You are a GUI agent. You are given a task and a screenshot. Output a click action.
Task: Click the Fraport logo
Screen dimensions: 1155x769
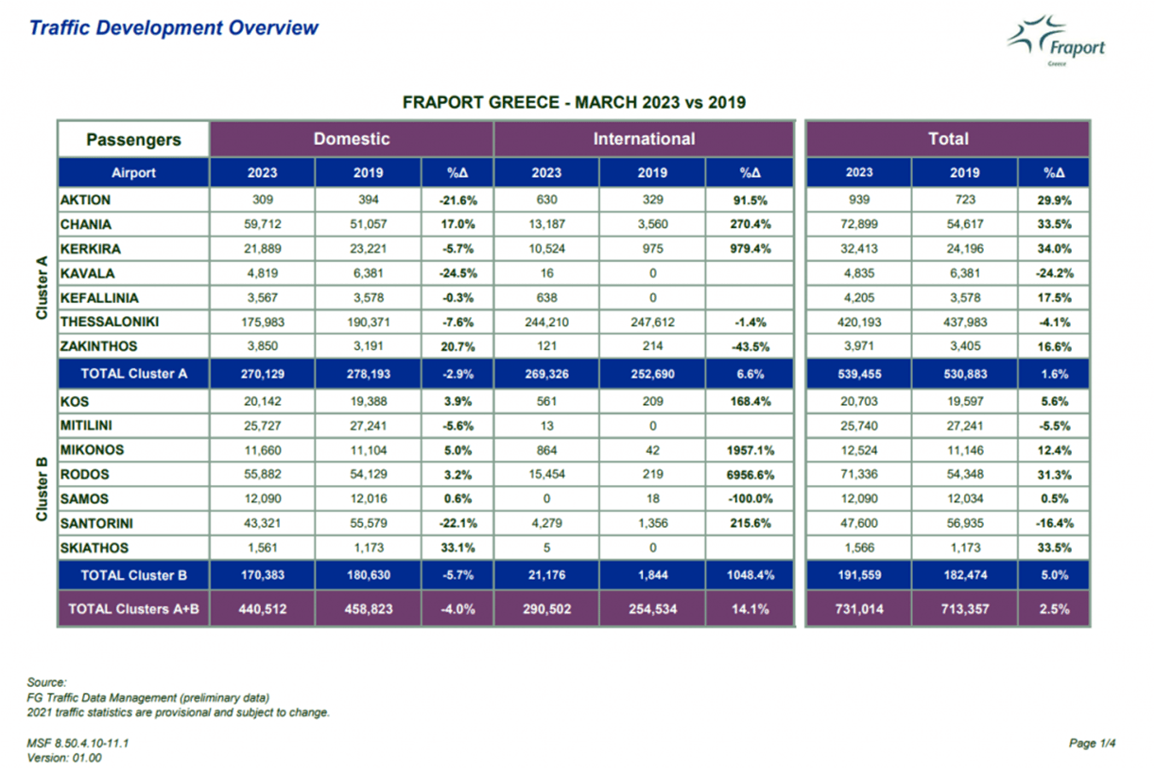[x=1056, y=41]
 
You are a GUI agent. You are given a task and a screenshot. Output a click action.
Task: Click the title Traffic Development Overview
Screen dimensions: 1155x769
[x=174, y=27]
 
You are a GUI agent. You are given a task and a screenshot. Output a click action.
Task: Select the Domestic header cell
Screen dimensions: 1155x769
[x=352, y=139]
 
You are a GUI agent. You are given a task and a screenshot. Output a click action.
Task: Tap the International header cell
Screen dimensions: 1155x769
[x=644, y=139]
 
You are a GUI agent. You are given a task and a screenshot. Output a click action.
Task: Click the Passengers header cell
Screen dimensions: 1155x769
[x=133, y=139]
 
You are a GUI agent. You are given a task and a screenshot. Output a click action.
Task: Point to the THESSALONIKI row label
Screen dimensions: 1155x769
[x=110, y=322]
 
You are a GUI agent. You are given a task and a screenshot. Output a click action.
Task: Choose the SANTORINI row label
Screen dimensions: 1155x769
[x=96, y=523]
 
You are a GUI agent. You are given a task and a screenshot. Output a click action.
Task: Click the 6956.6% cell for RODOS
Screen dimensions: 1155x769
[x=750, y=475]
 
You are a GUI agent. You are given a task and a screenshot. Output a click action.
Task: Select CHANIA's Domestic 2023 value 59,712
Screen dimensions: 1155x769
[x=263, y=224]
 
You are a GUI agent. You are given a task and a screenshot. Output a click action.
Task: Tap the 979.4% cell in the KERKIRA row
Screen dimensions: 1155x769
[x=750, y=249]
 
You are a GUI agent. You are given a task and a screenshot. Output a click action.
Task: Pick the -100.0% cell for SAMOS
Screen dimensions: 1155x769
[x=750, y=499]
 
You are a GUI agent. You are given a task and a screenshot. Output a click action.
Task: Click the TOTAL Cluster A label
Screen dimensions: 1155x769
[x=134, y=374]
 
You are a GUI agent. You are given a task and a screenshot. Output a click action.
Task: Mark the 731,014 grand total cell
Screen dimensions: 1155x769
[x=859, y=609]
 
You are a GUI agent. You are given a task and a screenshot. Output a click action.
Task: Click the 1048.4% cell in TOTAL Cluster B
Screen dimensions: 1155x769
[x=750, y=575]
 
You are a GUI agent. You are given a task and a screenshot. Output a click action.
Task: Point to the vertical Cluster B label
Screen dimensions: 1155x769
[x=42, y=489]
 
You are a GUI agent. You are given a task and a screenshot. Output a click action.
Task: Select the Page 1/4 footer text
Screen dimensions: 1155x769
[x=1092, y=743]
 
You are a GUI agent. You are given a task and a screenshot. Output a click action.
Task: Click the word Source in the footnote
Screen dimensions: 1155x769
[x=46, y=682]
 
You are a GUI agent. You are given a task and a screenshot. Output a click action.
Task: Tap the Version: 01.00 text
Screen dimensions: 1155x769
[x=64, y=759]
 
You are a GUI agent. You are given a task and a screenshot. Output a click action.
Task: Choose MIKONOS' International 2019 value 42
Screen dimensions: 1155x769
[x=653, y=450]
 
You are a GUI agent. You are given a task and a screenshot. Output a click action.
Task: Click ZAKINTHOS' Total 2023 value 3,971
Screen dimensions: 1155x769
[x=859, y=346]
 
